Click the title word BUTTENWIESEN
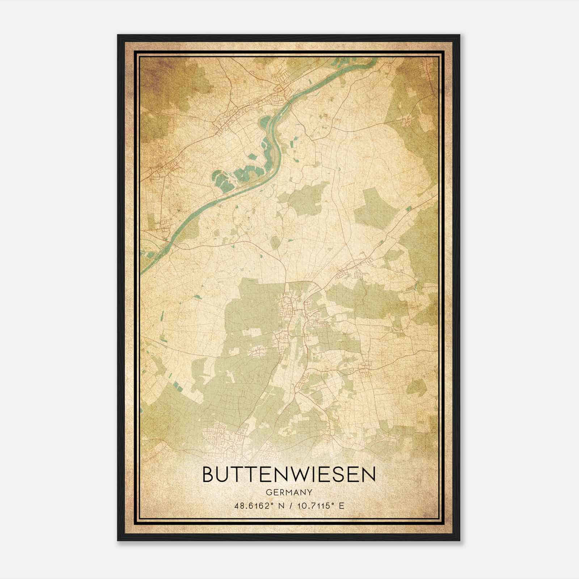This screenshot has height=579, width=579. coord(289,475)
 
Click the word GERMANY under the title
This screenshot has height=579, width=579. coord(289,493)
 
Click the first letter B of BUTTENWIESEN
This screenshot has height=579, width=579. coord(209,475)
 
